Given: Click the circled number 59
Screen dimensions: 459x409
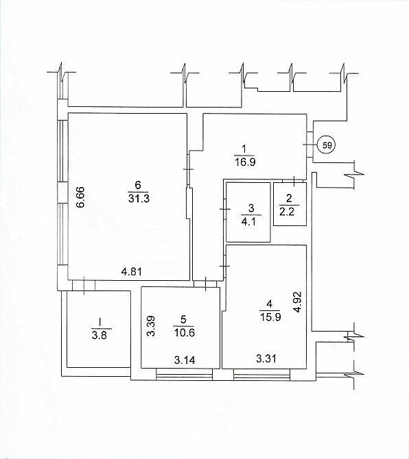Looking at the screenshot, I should (328, 145).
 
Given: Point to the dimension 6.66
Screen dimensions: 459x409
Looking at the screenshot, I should (80, 198).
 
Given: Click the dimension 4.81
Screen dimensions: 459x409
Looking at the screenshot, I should (131, 272).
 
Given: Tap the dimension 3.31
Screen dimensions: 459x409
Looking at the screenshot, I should (266, 358).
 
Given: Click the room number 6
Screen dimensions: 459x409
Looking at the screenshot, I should (139, 185).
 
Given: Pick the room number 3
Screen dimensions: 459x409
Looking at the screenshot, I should (251, 209).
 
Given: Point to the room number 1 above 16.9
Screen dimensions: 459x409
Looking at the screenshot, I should (242, 150).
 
